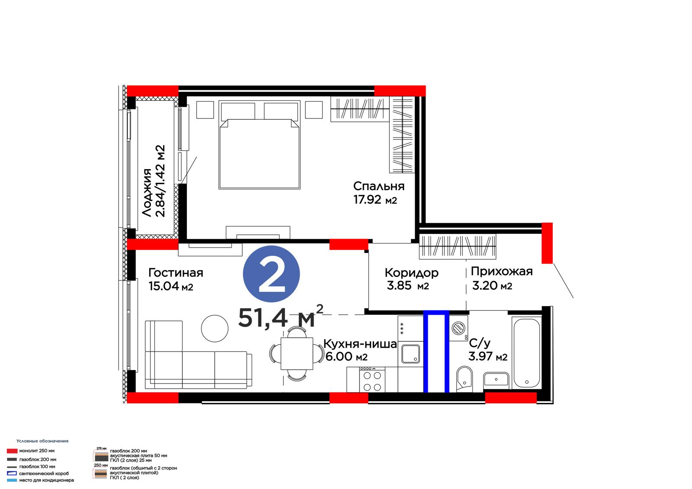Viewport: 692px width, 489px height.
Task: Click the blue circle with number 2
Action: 271,274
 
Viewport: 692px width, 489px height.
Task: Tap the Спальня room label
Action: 379,186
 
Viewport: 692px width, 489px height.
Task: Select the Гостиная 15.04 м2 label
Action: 176,280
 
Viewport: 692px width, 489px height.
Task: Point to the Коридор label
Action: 411,273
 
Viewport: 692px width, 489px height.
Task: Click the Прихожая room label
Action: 502,272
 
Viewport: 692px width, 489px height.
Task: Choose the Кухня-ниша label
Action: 360,344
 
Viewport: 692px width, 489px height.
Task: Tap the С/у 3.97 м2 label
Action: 488,350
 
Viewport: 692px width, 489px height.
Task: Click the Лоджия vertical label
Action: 147,192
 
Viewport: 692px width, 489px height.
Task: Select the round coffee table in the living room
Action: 215,328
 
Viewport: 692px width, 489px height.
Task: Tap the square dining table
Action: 297,354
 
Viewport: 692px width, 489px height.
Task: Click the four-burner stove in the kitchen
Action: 372,380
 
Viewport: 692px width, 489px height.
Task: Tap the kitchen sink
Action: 410,354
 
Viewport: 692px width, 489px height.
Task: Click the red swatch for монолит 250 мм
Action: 12,451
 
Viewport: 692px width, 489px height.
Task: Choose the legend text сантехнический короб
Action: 44,473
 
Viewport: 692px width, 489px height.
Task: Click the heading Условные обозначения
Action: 42,441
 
